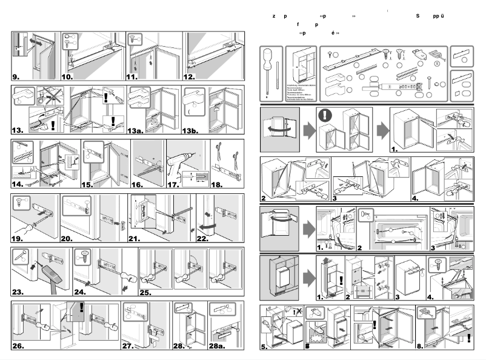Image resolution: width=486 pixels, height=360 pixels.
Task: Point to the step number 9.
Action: pos(16,78)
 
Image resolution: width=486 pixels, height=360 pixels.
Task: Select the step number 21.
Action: pos(135,239)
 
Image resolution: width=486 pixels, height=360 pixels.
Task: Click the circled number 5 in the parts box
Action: pos(438,62)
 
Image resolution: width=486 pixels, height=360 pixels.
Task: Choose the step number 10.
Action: pos(67,78)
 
